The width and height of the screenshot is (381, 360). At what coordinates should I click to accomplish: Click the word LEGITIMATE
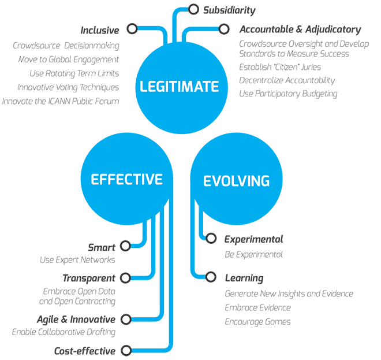click(180, 87)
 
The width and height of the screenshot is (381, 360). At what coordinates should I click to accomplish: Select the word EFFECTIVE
click(126, 179)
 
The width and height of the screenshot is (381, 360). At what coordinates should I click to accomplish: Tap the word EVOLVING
click(236, 181)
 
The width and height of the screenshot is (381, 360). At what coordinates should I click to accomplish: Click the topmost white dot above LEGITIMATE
click(194, 9)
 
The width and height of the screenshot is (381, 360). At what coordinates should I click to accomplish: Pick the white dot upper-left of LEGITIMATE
click(132, 28)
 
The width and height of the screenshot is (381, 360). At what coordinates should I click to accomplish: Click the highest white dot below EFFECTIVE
click(125, 246)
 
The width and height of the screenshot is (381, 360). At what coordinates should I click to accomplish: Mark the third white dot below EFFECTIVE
click(125, 319)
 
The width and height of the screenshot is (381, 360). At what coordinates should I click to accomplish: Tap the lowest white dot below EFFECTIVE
click(125, 350)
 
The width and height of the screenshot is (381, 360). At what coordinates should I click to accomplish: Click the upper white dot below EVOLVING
click(211, 237)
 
